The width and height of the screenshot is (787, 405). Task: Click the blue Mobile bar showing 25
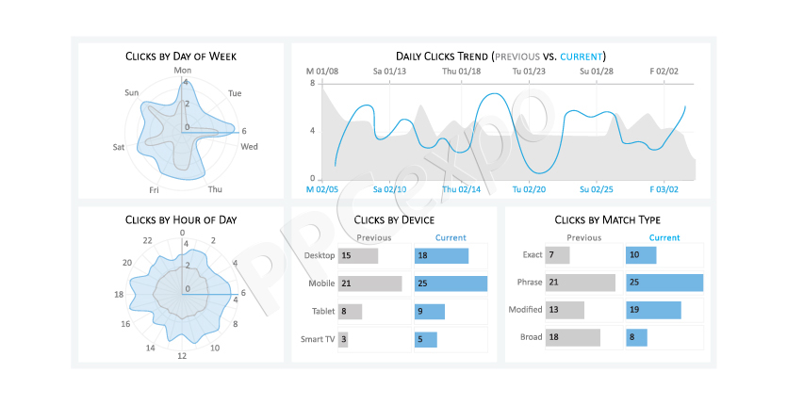(x=451, y=283)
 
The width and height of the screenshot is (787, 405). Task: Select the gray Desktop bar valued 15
(x=358, y=255)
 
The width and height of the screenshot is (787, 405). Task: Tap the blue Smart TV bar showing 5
(x=426, y=339)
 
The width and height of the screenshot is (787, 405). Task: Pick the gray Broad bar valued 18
(x=573, y=337)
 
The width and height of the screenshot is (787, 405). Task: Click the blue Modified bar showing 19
(x=653, y=310)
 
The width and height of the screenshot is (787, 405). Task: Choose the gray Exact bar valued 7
(x=558, y=255)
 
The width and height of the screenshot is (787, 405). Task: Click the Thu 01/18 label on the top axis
(x=461, y=72)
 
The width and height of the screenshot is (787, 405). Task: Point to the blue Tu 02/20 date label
(x=529, y=189)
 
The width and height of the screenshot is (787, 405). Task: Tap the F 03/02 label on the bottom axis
(x=664, y=189)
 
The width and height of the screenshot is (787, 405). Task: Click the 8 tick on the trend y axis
(x=313, y=83)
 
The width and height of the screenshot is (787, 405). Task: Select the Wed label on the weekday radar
(x=249, y=147)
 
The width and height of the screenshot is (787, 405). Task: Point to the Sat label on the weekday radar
(x=119, y=147)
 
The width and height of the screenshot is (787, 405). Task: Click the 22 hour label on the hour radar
(x=147, y=240)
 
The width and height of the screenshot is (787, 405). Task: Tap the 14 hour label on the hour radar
(x=150, y=348)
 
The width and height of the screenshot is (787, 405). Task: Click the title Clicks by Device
(x=394, y=219)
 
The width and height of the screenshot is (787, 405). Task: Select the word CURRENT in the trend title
(x=582, y=57)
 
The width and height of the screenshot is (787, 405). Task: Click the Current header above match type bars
(x=664, y=238)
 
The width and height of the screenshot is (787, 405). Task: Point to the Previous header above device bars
(x=374, y=238)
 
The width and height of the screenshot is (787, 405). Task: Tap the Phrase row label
(x=530, y=282)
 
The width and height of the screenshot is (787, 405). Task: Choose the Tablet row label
(x=323, y=311)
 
